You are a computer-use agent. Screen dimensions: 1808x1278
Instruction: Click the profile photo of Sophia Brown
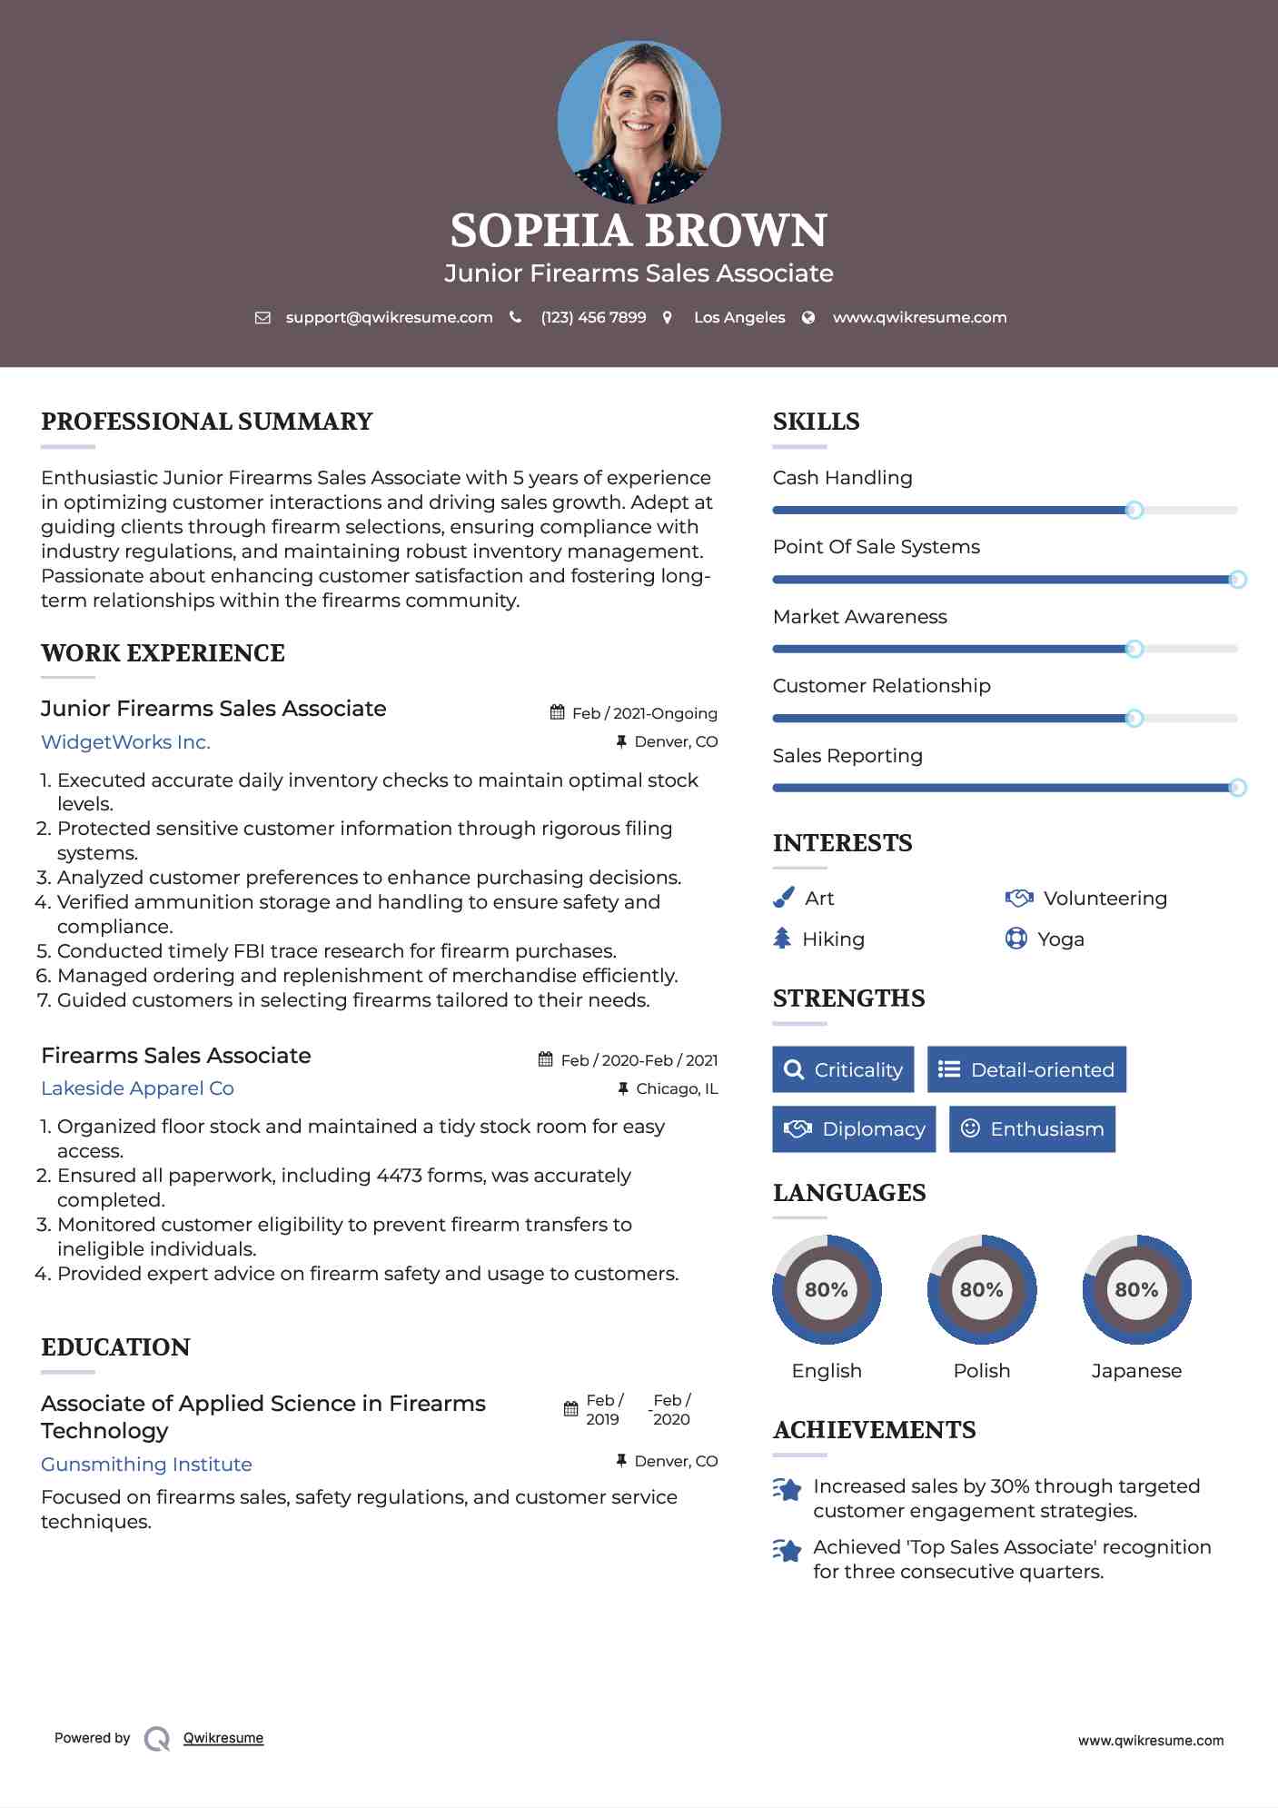tap(639, 122)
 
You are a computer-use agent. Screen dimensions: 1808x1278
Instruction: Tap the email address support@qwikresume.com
tap(389, 317)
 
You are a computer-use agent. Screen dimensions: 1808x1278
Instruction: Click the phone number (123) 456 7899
tap(593, 317)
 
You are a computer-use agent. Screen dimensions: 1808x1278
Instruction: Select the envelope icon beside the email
tap(263, 318)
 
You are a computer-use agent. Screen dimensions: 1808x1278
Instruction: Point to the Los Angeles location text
tap(738, 317)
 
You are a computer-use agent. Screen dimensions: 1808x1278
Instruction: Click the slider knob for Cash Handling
tap(1134, 510)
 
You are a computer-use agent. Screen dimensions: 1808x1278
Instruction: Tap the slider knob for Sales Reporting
tap(1237, 788)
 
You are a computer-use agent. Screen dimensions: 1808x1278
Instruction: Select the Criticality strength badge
tap(843, 1069)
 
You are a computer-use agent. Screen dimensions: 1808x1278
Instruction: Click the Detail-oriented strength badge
tap(1026, 1069)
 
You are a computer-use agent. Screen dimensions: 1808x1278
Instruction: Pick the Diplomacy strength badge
tap(854, 1128)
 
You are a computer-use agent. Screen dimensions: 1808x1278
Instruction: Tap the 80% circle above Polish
tap(981, 1289)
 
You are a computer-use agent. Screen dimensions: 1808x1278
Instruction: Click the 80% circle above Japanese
tap(1136, 1289)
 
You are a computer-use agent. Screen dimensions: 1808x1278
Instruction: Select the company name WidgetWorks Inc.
tap(125, 741)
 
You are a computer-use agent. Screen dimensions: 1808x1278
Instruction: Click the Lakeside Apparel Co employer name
tap(137, 1088)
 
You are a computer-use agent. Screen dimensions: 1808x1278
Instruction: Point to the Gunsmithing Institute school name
tap(146, 1464)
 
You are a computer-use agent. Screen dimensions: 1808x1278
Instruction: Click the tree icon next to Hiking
tap(782, 939)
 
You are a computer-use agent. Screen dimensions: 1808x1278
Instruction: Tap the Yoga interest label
tap(1060, 939)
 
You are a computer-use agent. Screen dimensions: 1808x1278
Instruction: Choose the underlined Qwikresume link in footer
tap(223, 1737)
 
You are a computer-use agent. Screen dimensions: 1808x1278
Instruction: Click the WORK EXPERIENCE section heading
tap(163, 652)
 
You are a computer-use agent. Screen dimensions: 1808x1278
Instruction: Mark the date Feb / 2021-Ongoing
tap(644, 713)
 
